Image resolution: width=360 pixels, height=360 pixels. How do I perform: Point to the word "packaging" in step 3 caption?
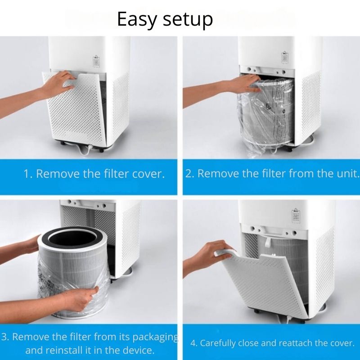click(156, 337)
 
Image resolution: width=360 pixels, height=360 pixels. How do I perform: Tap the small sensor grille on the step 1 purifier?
click(96, 61)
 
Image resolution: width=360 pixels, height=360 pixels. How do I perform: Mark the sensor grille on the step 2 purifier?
click(285, 58)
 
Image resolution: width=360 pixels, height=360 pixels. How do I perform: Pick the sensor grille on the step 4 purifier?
click(296, 216)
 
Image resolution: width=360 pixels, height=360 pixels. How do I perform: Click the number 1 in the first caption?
click(27, 174)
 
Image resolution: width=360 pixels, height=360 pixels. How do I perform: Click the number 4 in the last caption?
click(193, 343)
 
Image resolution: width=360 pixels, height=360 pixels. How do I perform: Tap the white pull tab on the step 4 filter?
click(267, 243)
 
